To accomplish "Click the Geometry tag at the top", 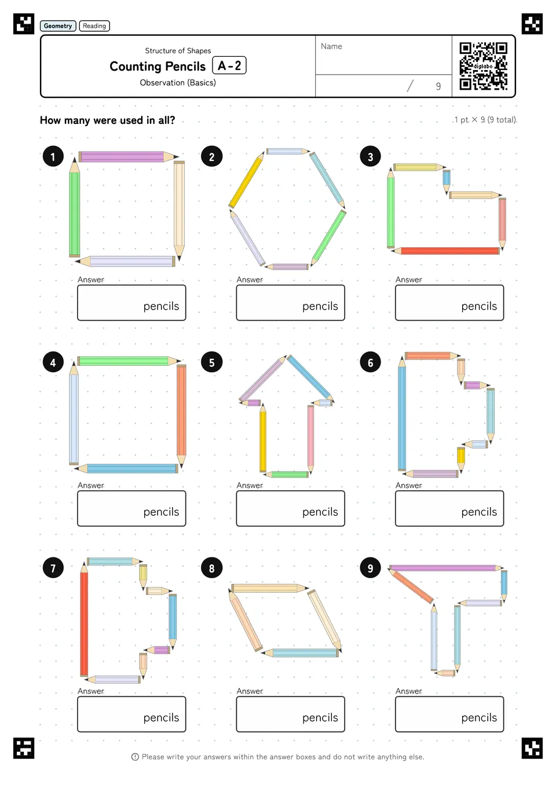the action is pyautogui.click(x=58, y=26).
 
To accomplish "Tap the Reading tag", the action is pyautogui.click(x=94, y=26).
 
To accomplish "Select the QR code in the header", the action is pyautogui.click(x=484, y=66).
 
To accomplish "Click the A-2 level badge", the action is pyautogui.click(x=229, y=65).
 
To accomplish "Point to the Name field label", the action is pyautogui.click(x=331, y=46).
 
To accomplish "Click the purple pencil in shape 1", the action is pyautogui.click(x=129, y=156).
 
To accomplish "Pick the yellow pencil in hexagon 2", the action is pyautogui.click(x=246, y=179).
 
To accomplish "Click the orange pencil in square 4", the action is pyautogui.click(x=181, y=417).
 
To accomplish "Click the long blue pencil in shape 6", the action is pyautogui.click(x=403, y=413).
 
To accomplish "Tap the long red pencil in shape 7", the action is pyautogui.click(x=84, y=619).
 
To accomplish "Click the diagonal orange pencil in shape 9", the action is pyautogui.click(x=411, y=586).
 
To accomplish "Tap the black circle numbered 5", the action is pyautogui.click(x=211, y=362).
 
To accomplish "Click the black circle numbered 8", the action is pyautogui.click(x=211, y=568).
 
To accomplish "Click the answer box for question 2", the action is pyautogui.click(x=290, y=303).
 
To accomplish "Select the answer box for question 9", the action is pyautogui.click(x=449, y=714).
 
